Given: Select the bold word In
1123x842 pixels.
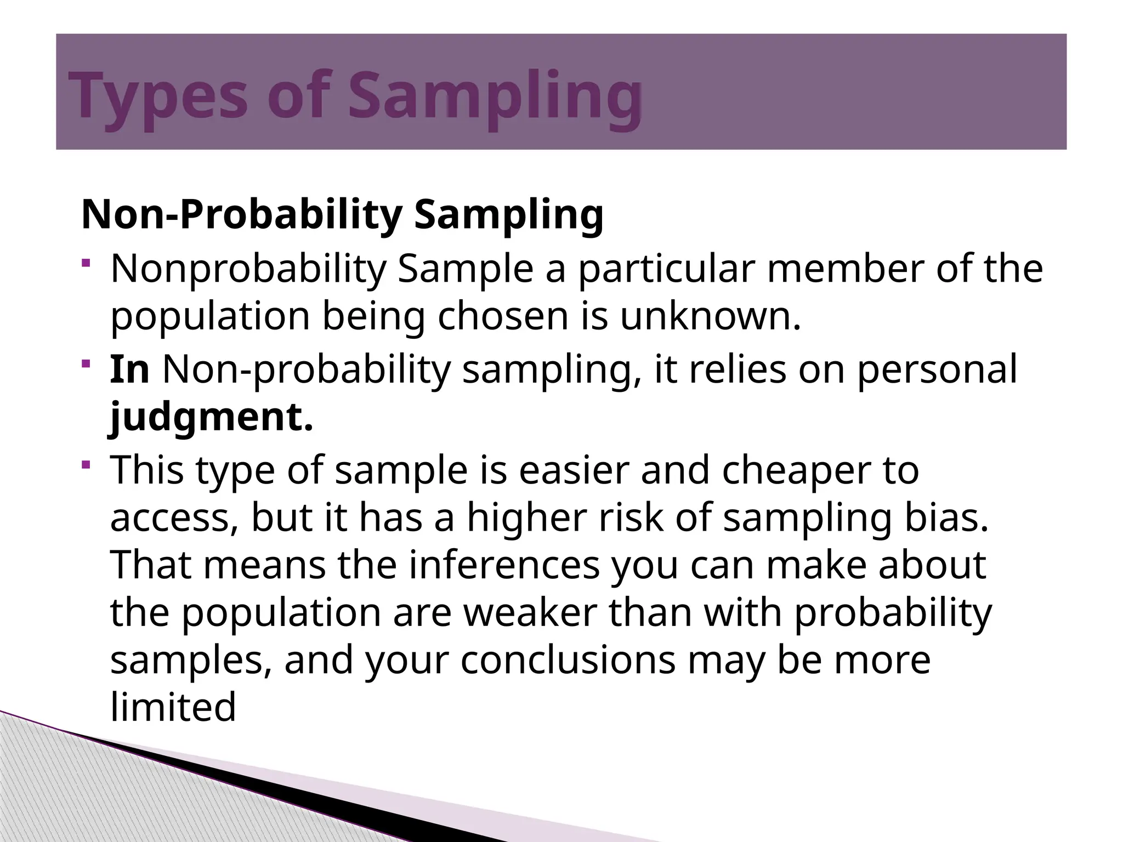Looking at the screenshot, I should [129, 369].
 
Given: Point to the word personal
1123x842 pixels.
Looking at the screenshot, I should [937, 369].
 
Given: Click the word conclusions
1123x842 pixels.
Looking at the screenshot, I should [568, 661].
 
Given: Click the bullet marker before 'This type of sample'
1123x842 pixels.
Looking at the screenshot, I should [86, 465].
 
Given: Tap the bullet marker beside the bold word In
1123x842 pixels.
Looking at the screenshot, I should [86, 364].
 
